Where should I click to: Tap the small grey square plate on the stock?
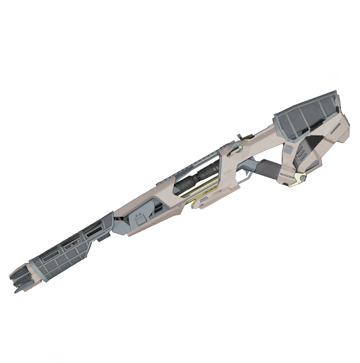[288, 149]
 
